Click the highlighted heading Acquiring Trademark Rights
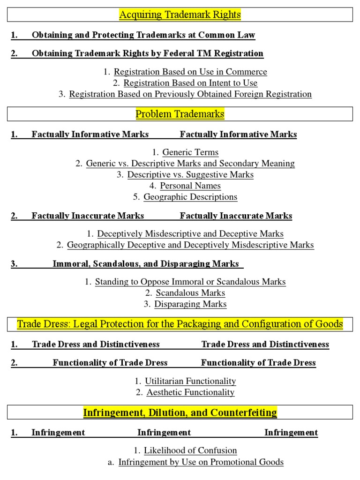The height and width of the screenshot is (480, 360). [180, 15]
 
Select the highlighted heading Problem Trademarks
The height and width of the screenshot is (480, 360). [180, 114]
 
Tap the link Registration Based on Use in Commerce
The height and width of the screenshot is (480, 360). [190, 72]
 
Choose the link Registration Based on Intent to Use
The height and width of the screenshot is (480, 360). [190, 83]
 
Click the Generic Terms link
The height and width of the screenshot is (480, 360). [190, 152]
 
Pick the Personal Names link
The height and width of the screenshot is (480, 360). [190, 186]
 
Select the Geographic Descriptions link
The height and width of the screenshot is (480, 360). [190, 197]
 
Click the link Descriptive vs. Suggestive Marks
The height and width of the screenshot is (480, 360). [190, 174]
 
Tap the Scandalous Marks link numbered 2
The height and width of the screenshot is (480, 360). [190, 293]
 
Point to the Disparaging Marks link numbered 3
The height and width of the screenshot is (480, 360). [190, 304]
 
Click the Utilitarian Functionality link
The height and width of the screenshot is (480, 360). [190, 381]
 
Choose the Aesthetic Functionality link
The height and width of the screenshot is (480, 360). [190, 392]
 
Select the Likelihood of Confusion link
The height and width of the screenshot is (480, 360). [190, 450]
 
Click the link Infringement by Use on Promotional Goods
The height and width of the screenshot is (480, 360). [201, 462]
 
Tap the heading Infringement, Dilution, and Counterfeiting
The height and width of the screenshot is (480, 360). [180, 412]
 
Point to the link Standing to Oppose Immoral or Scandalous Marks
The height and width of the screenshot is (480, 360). [190, 282]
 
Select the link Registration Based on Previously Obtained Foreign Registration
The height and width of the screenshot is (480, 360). [190, 94]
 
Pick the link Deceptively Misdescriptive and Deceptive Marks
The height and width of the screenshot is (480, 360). [190, 233]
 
